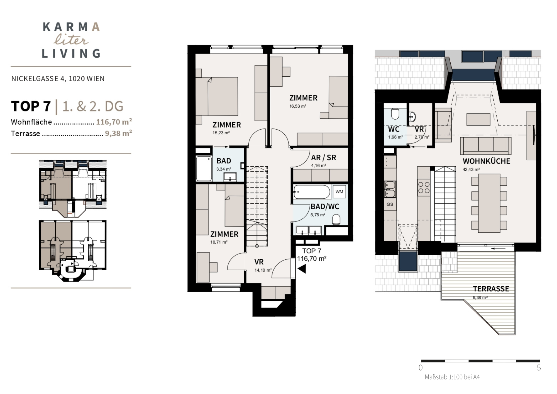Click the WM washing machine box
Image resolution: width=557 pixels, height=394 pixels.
[x=339, y=192]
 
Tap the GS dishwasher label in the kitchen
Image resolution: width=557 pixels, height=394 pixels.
[x=390, y=204]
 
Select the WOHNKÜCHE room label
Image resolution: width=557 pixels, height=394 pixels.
[x=486, y=161]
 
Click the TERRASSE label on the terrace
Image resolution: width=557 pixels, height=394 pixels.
[x=491, y=289]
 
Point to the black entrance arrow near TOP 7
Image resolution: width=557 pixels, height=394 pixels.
[x=302, y=269]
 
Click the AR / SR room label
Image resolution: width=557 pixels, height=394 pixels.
[x=324, y=157]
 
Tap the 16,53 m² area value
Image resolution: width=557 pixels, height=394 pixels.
[x=298, y=106]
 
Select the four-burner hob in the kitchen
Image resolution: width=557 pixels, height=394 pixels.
[x=424, y=188]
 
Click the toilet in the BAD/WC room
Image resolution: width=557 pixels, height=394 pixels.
[x=336, y=219]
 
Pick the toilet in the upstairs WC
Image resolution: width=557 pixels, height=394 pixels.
[x=395, y=113]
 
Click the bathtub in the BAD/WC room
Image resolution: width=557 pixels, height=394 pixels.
[x=312, y=192]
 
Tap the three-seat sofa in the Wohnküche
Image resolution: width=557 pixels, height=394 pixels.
[x=486, y=146]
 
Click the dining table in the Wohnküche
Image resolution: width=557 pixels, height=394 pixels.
[x=489, y=203]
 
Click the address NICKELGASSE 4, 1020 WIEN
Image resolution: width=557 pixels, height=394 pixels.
[x=58, y=79]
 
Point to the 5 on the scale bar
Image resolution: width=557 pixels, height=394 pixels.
[x=539, y=368]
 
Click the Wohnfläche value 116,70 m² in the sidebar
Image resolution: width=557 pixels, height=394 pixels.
[x=114, y=122]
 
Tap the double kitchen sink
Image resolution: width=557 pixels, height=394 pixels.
[x=390, y=189]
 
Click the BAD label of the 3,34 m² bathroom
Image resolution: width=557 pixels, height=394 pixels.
[x=224, y=161]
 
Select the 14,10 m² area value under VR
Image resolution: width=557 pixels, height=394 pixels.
[x=263, y=270]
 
